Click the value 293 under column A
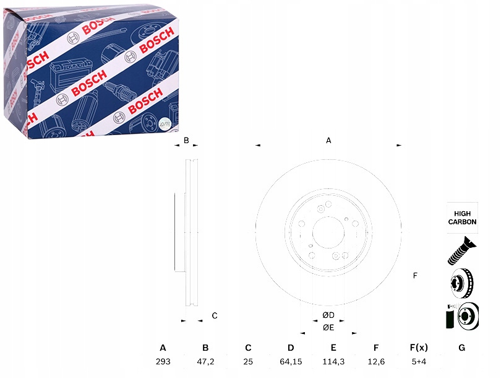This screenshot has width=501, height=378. pos(163,362)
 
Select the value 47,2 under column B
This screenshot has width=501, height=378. pos(205,362)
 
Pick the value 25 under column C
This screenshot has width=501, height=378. pos(248,362)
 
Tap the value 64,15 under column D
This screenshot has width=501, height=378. pos(291,362)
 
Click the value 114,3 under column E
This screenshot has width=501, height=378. pos(333,362)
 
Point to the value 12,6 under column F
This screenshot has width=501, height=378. pos(376,362)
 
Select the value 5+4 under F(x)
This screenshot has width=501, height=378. pos(419,362)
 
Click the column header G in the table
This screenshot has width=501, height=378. pos(461,348)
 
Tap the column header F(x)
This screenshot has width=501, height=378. pos(419,348)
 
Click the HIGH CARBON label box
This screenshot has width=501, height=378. pos(462,218)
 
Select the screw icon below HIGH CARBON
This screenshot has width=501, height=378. pos(461,252)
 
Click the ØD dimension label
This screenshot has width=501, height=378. pos(328,316)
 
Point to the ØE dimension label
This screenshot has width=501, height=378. pos(328,327)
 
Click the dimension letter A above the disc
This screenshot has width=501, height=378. pos(329,141)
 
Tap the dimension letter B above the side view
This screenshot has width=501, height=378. pos(186,141)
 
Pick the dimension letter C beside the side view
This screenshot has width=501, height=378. pos(215,316)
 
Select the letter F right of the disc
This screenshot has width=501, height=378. pos(415,275)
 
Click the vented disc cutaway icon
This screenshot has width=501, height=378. pos(461,284)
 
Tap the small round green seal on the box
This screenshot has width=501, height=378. pos(165,123)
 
